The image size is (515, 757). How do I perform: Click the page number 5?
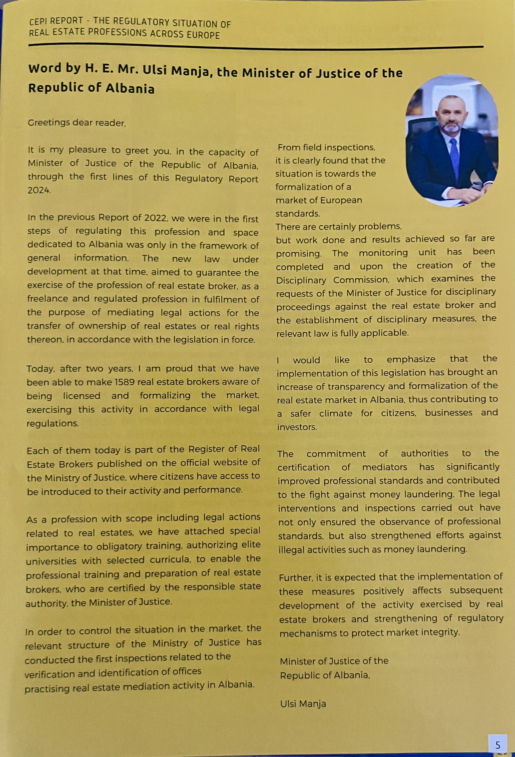[497, 745]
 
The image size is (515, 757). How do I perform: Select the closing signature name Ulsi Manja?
[303, 704]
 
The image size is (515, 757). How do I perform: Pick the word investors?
[297, 427]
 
